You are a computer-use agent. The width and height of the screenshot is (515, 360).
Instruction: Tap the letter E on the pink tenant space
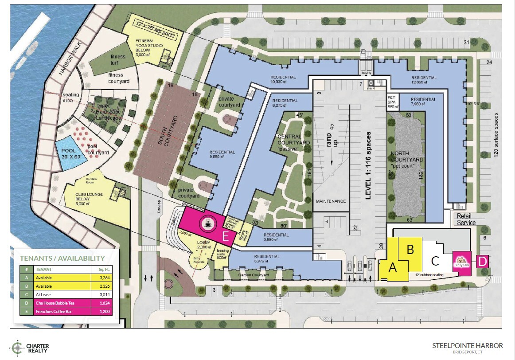[225, 236]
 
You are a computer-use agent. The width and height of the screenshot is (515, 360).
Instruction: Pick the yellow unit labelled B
[410, 250]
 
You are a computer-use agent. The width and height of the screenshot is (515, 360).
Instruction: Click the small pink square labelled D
[482, 261]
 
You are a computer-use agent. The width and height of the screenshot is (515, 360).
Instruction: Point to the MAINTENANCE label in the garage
[331, 201]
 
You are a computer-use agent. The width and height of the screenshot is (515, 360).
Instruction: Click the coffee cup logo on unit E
[206, 224]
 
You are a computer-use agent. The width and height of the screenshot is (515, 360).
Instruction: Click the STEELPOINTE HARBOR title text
[468, 345]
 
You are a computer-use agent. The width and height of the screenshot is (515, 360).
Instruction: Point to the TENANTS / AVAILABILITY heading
[62, 258]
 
